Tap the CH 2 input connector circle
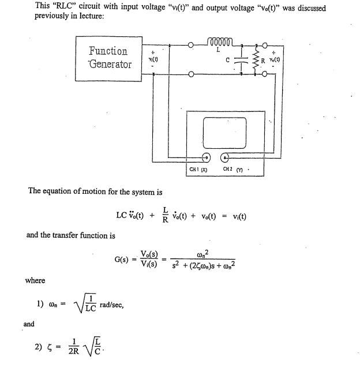coord(227,157)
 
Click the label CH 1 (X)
coord(199,170)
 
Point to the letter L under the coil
coord(217,51)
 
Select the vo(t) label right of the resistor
coord(278,59)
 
